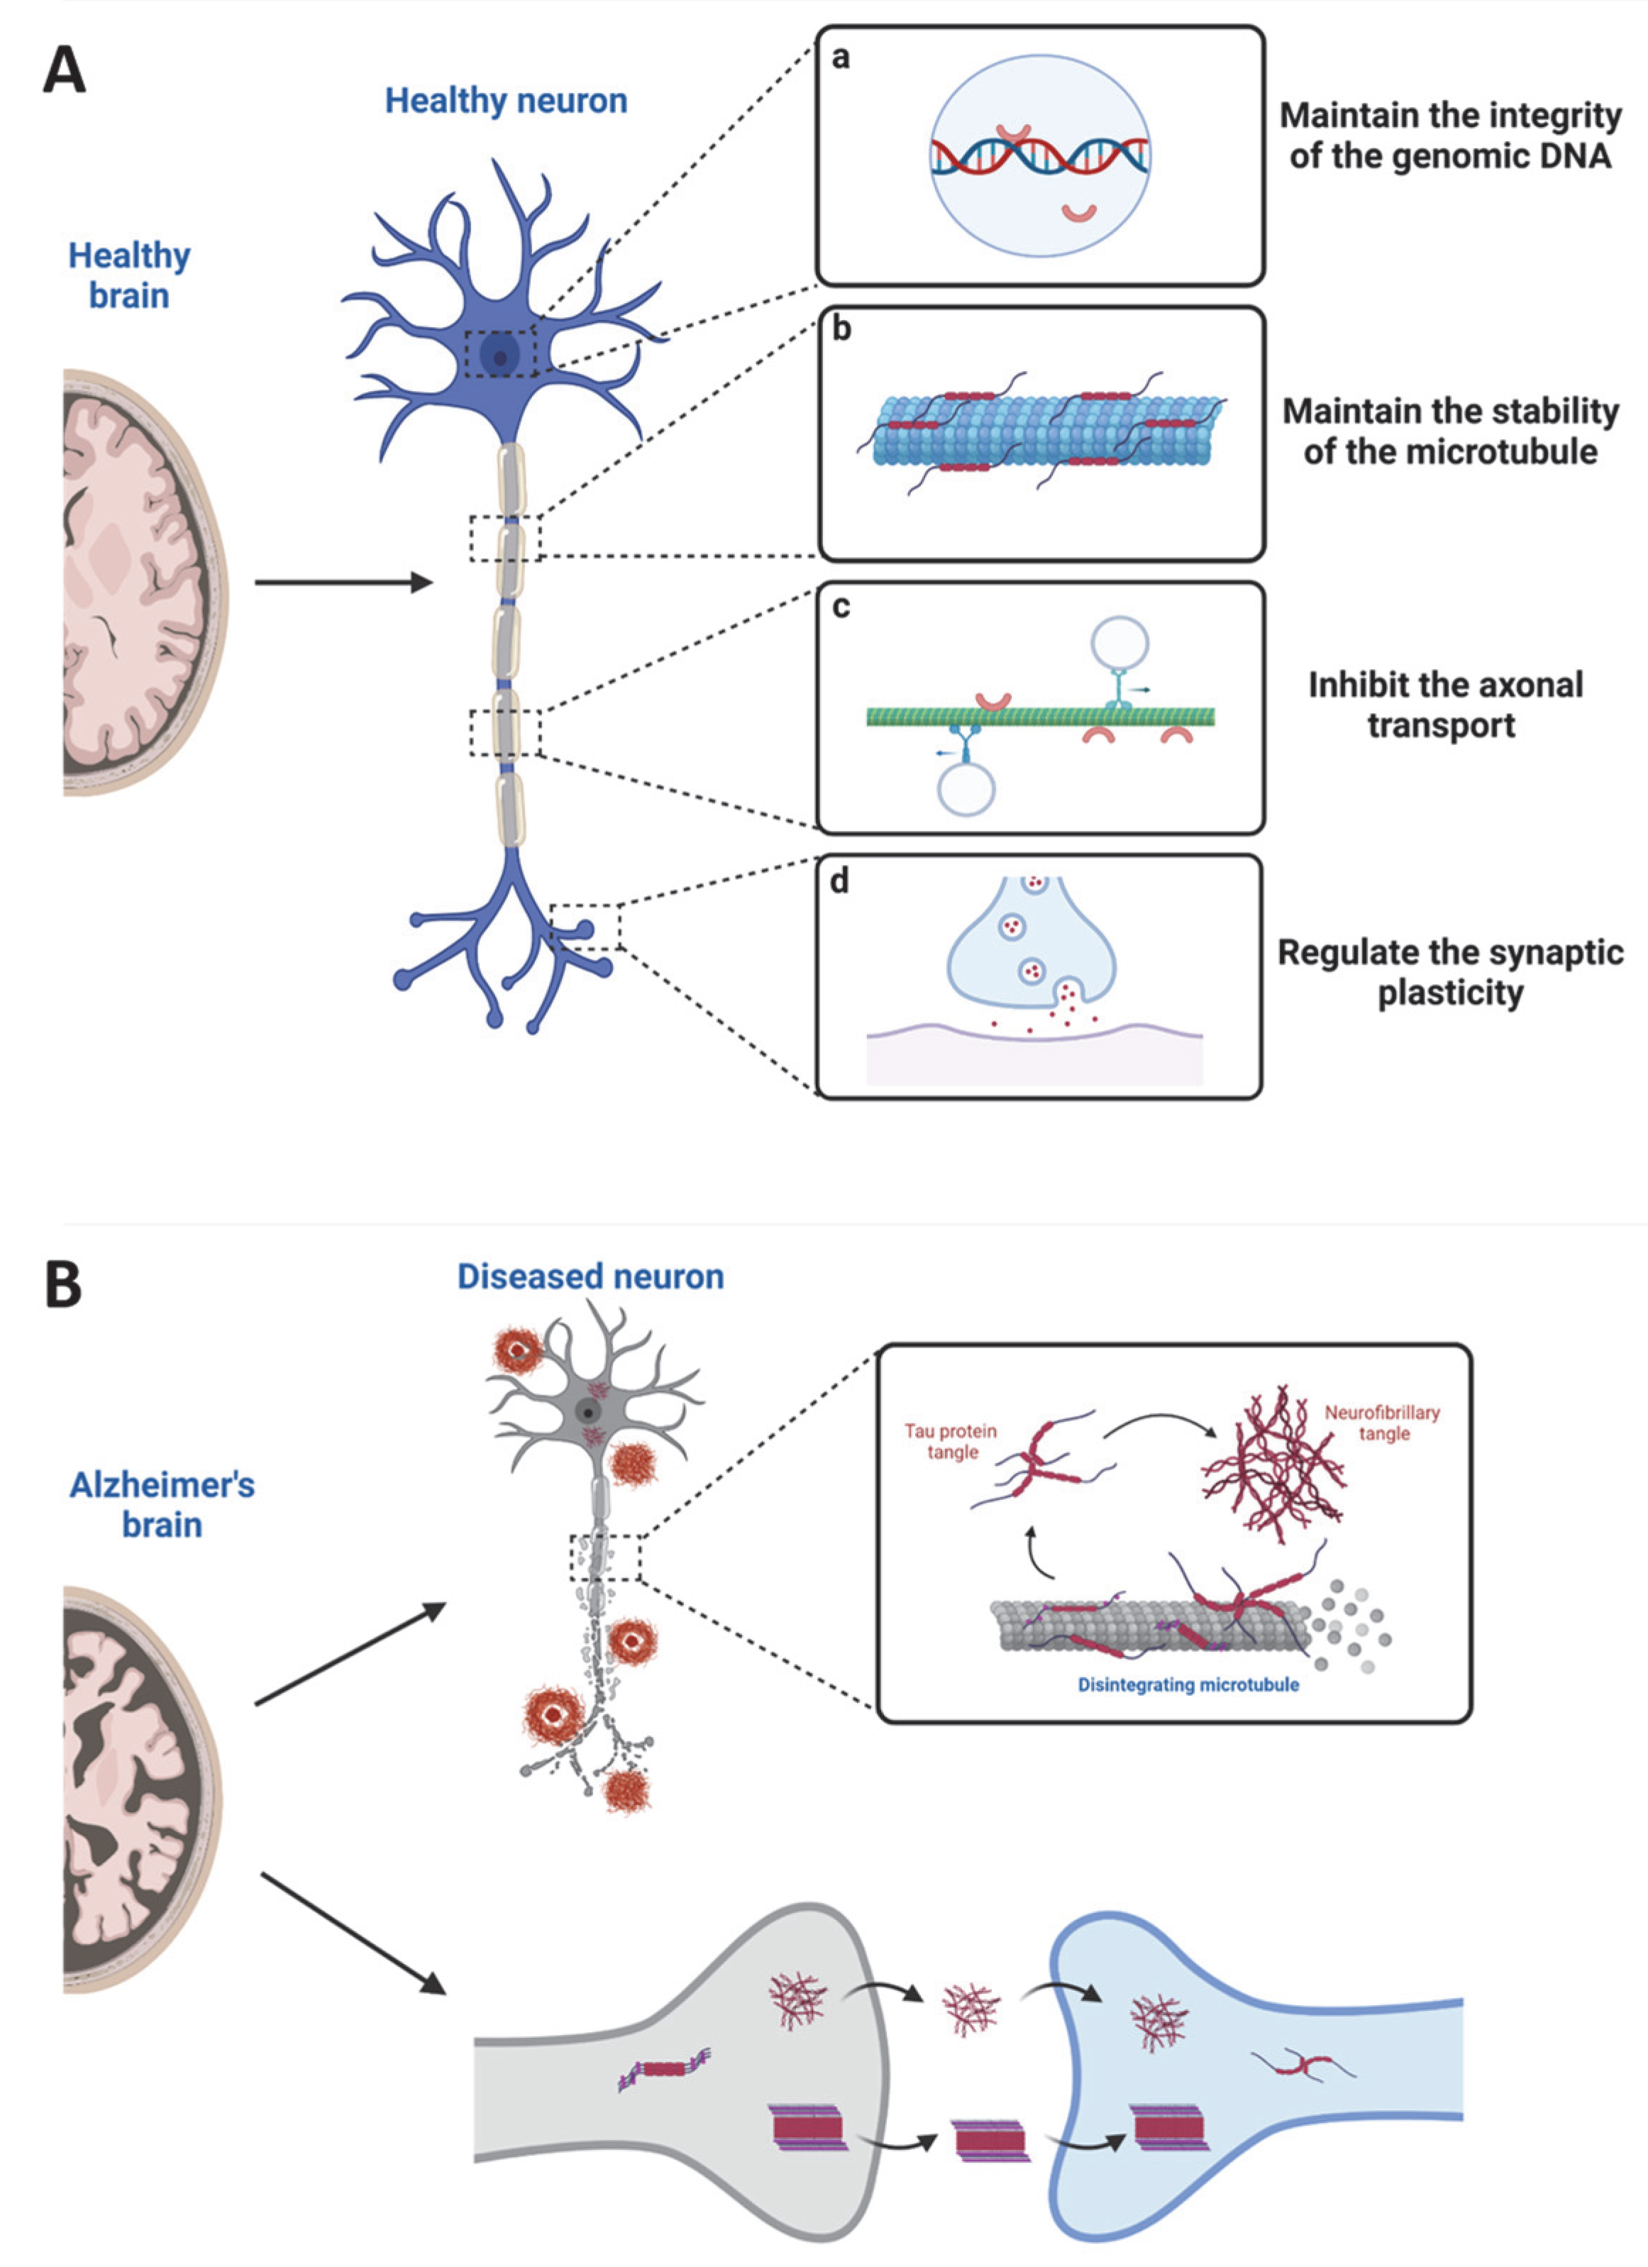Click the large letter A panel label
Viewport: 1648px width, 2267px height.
[x=64, y=72]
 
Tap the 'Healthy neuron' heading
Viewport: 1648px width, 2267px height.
[x=506, y=101]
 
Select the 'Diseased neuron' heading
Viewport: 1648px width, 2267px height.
[x=590, y=1276]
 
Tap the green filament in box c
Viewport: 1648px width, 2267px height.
[x=1039, y=716]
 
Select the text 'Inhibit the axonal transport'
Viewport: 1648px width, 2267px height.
[x=1444, y=705]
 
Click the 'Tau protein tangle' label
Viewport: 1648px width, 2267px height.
[x=951, y=1440]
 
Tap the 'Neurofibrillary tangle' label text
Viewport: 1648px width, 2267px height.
[x=1382, y=1423]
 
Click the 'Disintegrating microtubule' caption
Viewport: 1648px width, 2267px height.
[x=1188, y=1684]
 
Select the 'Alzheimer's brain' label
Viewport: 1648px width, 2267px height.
[x=162, y=1504]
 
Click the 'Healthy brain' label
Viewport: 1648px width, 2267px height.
[x=129, y=275]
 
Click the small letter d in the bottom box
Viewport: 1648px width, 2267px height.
[x=839, y=881]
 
